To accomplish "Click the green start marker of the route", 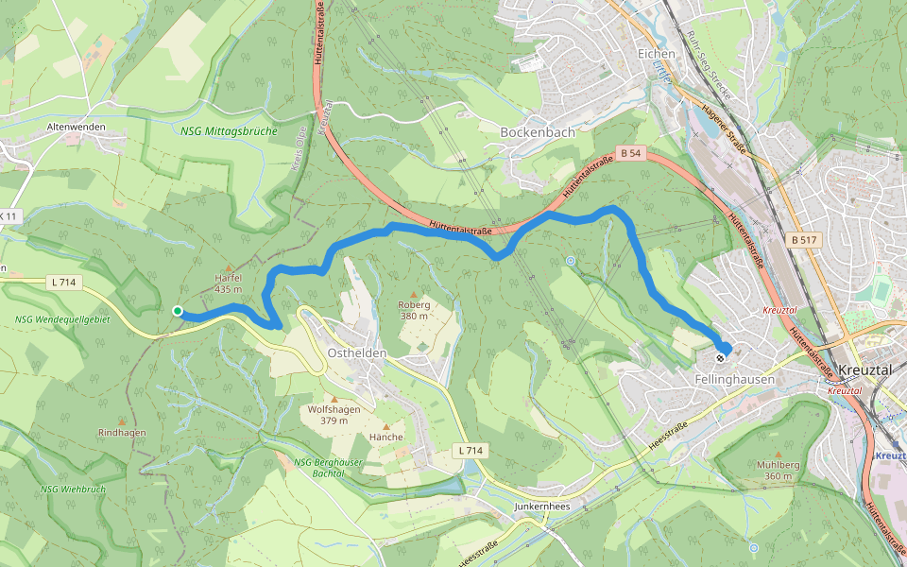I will tap(177, 311).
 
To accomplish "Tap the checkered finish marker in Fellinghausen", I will tap(721, 357).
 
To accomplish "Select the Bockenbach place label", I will tap(537, 132).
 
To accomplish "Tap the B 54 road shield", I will tap(630, 152).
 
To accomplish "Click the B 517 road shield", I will tap(804, 240).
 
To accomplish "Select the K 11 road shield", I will tap(9, 216).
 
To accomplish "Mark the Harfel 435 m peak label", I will tap(229, 283).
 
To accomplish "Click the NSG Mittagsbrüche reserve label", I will tap(230, 131).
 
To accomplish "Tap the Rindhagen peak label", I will tap(122, 432).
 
